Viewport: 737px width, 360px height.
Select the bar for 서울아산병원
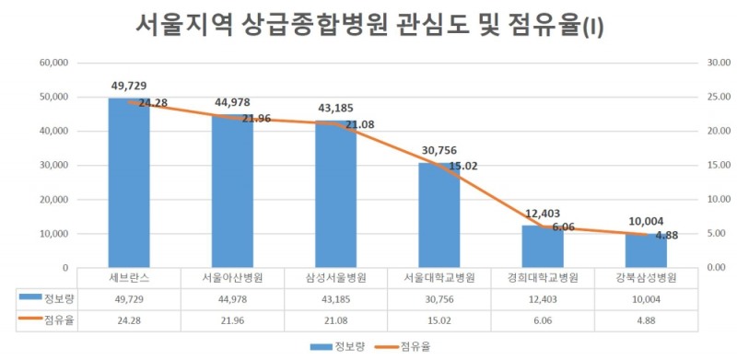tap(232, 193)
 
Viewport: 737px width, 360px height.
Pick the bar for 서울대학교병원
tap(439, 216)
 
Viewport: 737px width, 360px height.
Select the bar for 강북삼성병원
tap(645, 250)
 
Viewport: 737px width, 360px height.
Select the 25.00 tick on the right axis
tap(693, 97)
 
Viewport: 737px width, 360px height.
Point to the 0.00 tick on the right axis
tap(693, 268)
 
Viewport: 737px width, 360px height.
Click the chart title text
tap(368, 24)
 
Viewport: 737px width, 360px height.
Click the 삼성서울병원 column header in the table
tap(335, 277)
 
